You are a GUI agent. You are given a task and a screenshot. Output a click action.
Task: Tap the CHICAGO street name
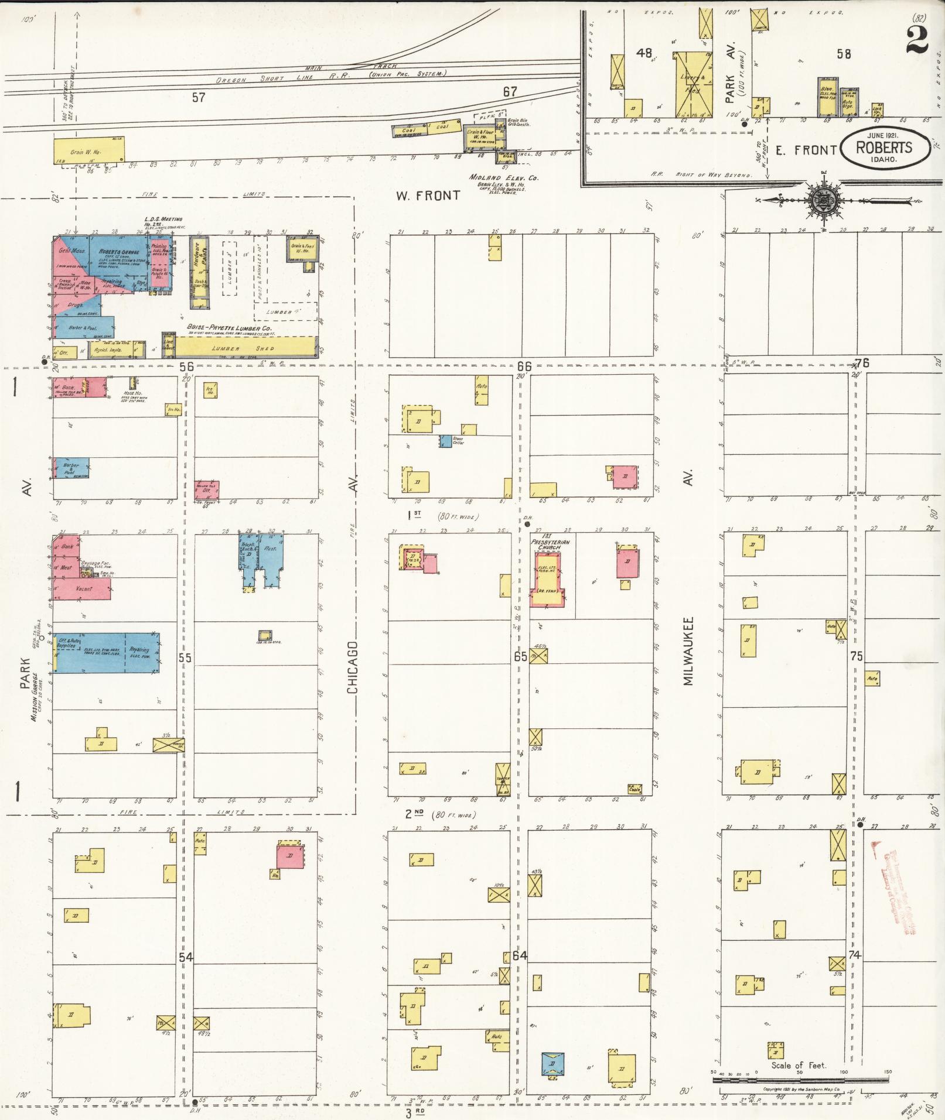[353, 667]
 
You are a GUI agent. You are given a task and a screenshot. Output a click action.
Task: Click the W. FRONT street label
[427, 196]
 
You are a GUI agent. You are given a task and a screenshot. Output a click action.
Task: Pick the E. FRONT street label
[806, 150]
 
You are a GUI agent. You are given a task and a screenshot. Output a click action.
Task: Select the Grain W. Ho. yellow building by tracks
[88, 150]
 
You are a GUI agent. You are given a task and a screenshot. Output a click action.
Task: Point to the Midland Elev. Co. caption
[503, 178]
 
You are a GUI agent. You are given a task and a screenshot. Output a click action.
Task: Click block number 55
[185, 657]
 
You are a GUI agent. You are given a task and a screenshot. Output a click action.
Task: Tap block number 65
[520, 656]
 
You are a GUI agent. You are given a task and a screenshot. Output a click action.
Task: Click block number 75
[857, 656]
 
